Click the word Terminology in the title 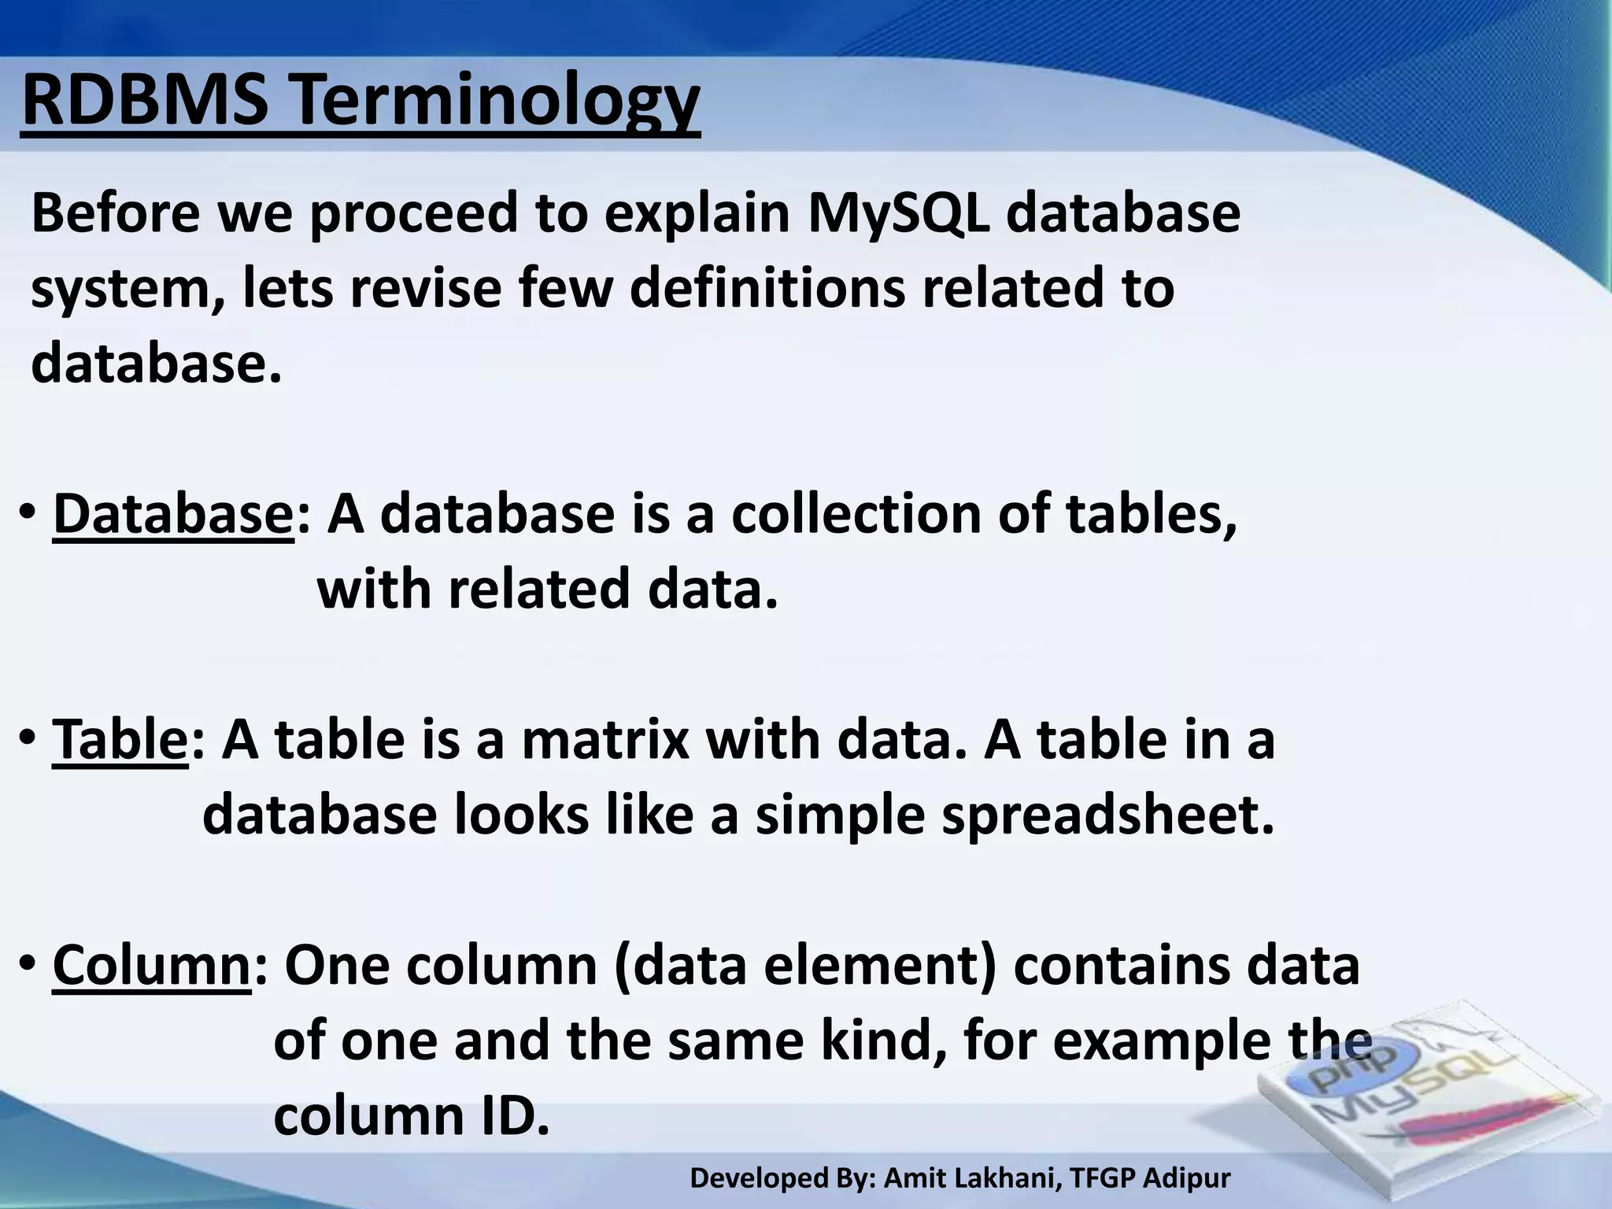pyautogui.click(x=495, y=102)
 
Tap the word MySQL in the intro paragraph pyautogui.click(x=897, y=213)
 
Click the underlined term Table pyautogui.click(x=120, y=741)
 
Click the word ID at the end pyautogui.click(x=516, y=1115)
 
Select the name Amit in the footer pyautogui.click(x=912, y=1178)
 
